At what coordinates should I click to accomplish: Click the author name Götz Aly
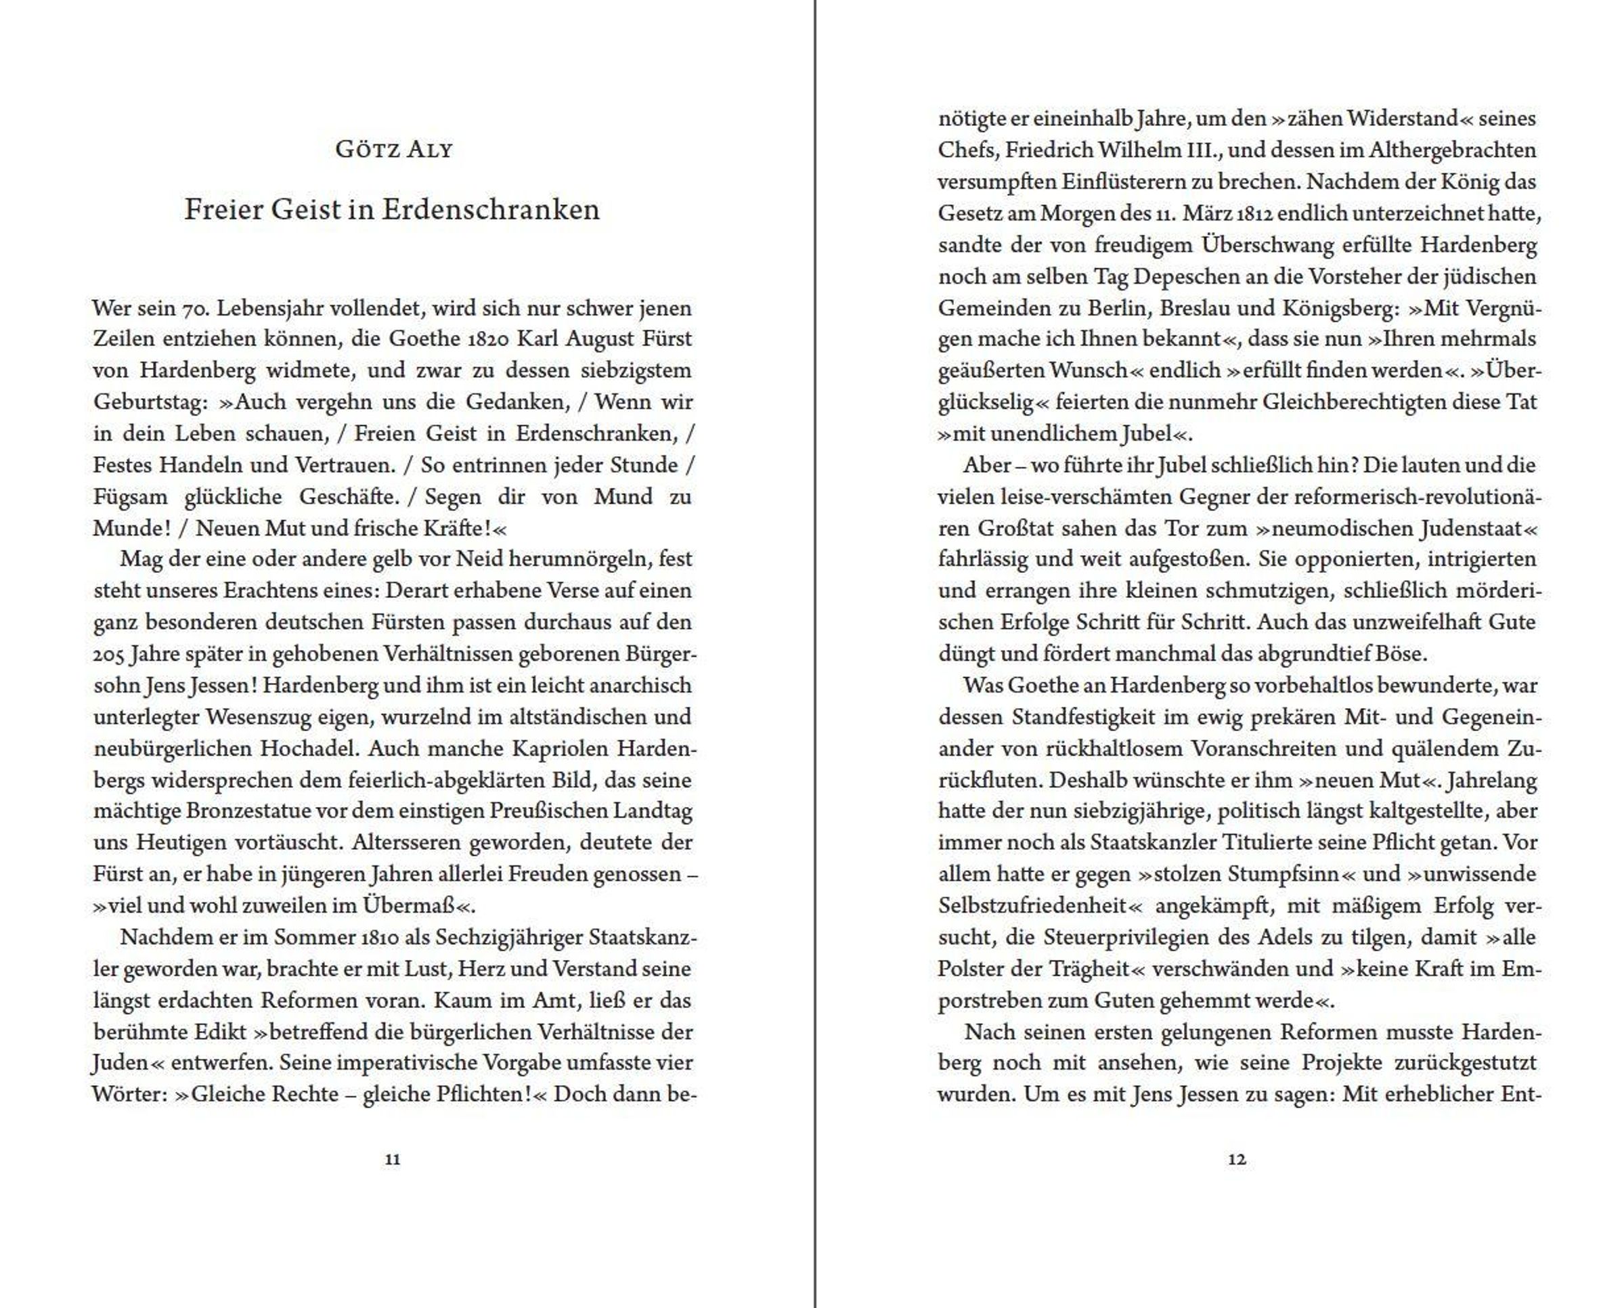tap(393, 149)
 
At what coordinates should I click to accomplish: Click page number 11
tap(393, 1160)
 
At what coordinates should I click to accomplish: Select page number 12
tap(1237, 1160)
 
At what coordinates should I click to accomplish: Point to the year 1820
tap(487, 339)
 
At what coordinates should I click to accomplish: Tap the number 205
tap(108, 654)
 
